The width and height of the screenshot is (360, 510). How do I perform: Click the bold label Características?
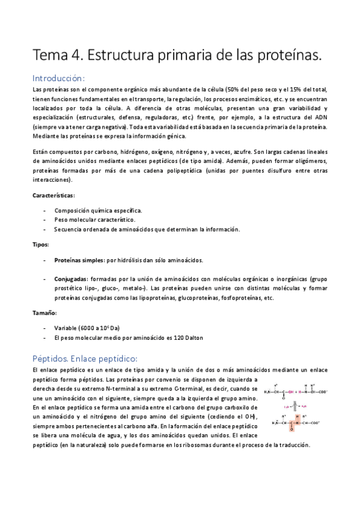(x=53, y=195)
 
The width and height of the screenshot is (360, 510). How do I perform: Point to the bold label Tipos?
(x=40, y=245)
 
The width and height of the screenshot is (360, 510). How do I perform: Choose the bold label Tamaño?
(x=44, y=313)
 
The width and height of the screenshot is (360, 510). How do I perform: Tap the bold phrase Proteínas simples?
(x=78, y=260)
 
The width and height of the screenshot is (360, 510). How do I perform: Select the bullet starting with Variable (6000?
(x=87, y=328)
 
